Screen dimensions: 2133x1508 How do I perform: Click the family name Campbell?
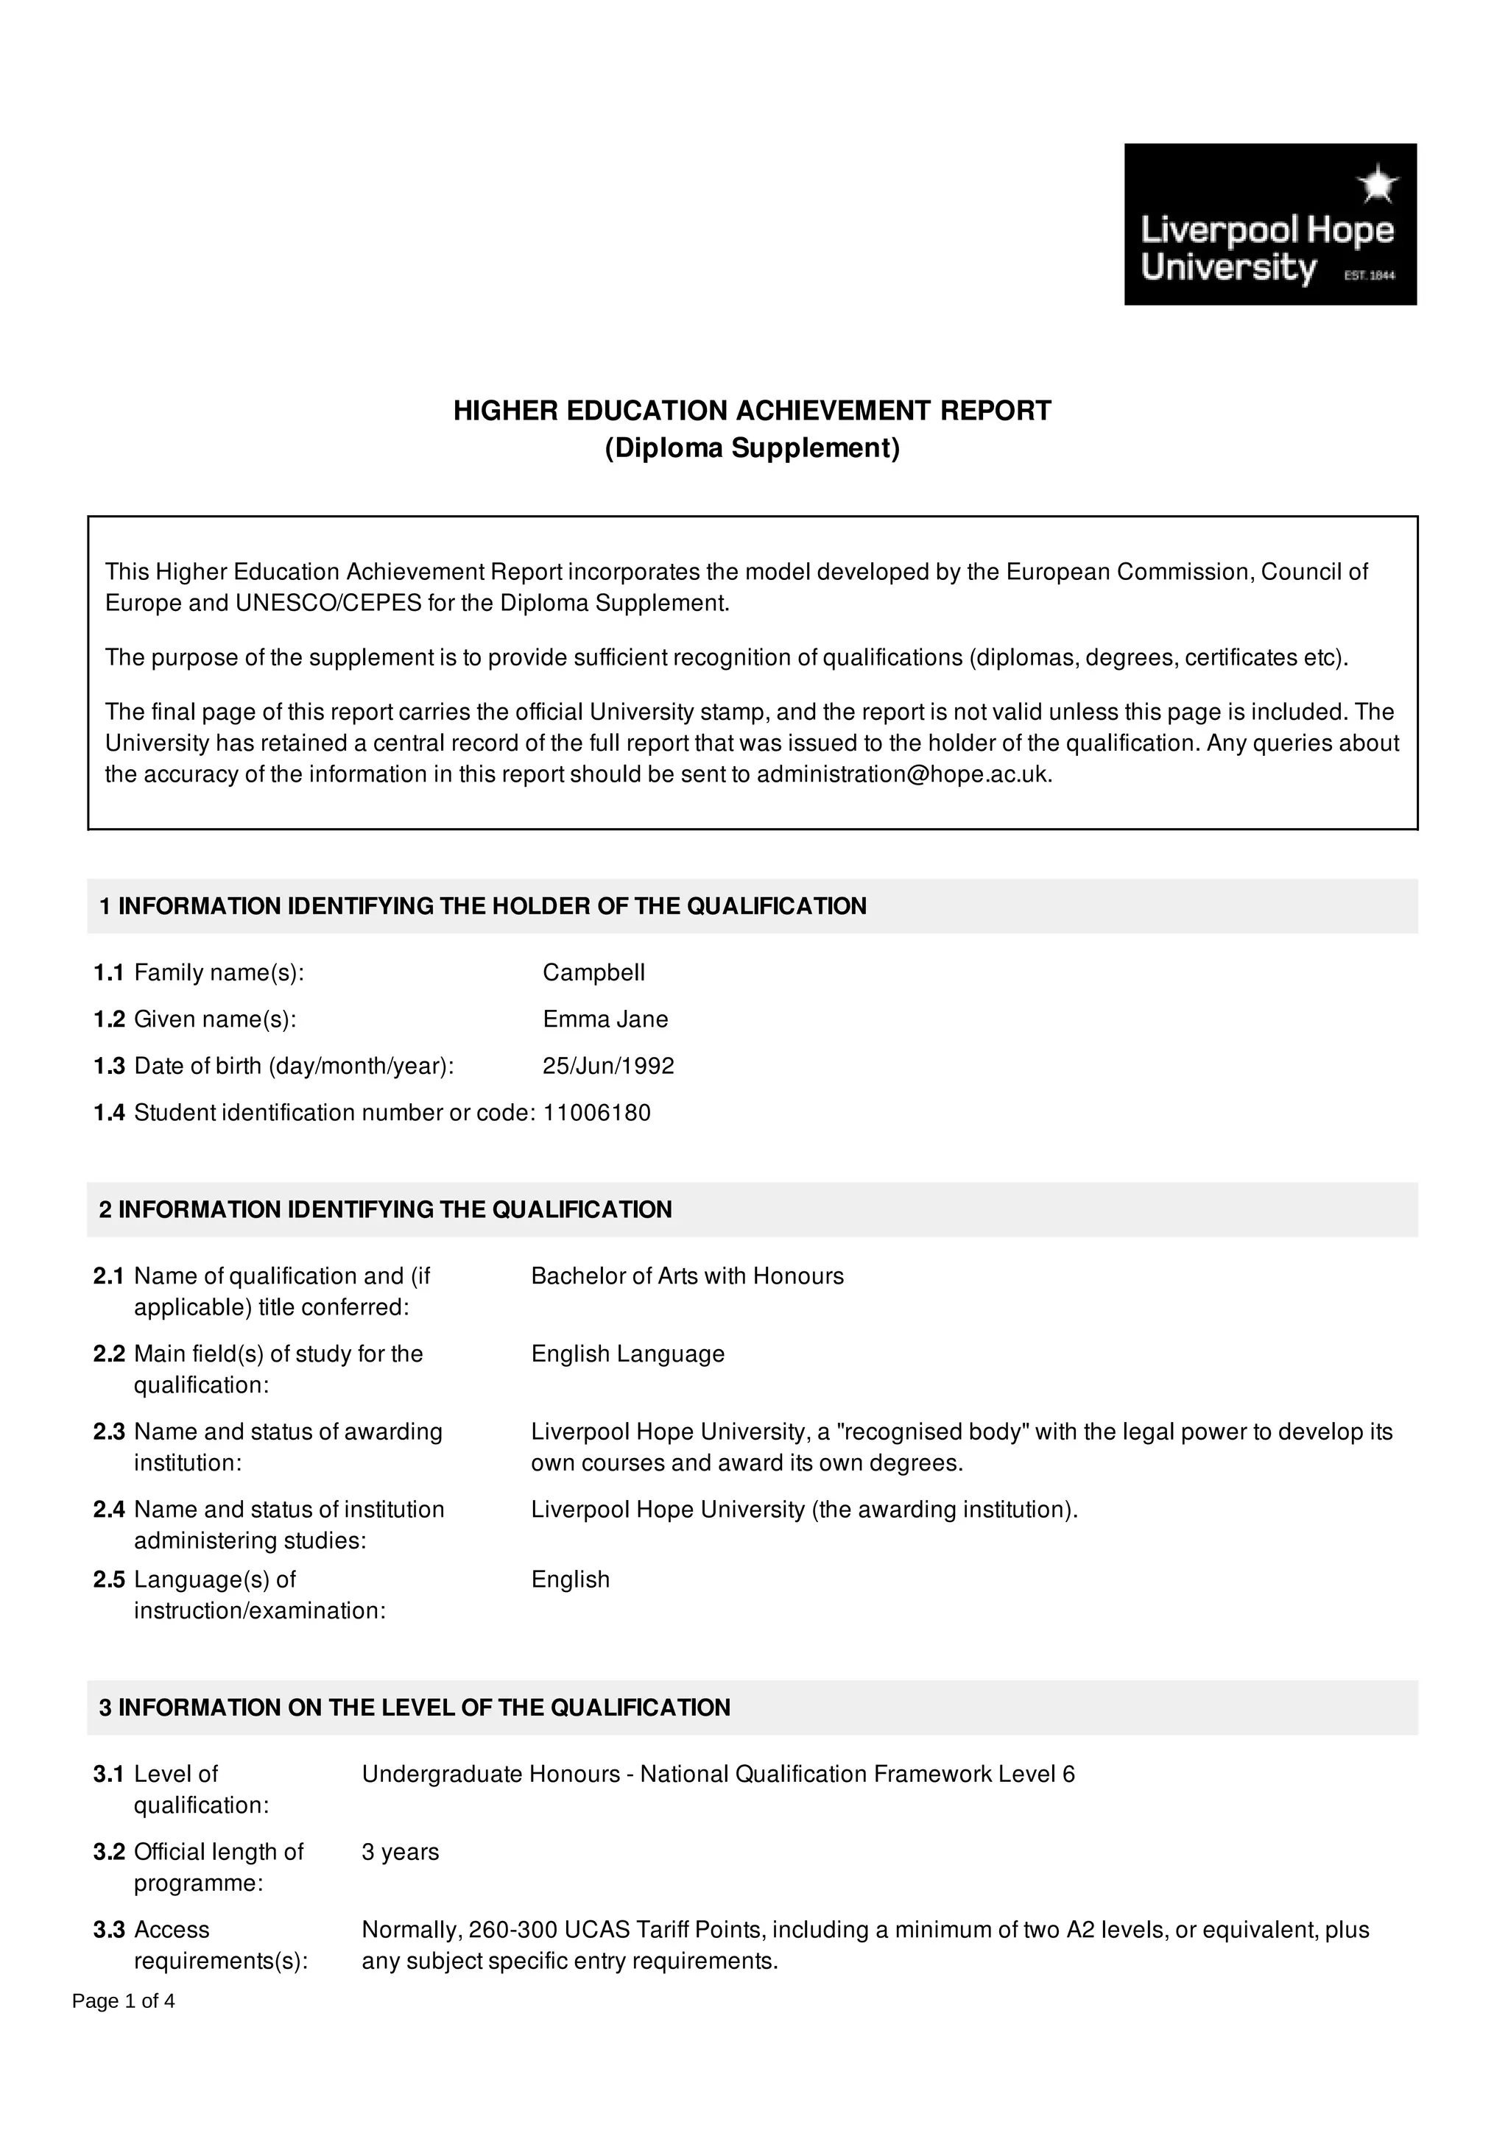click(593, 973)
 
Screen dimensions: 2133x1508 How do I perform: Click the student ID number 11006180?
click(596, 1112)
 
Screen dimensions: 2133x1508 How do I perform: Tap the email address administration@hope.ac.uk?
click(903, 775)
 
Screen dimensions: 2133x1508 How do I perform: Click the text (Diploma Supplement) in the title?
click(752, 448)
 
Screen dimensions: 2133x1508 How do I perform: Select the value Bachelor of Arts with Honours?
click(687, 1276)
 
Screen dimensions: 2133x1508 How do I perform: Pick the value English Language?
click(627, 1354)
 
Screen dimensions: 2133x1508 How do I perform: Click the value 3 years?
click(400, 1852)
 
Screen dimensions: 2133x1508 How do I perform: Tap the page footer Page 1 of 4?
click(124, 2001)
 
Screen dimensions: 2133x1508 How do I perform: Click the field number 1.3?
click(109, 1066)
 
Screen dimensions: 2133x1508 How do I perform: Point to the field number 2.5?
click(109, 1580)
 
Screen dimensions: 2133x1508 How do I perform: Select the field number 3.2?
click(109, 1852)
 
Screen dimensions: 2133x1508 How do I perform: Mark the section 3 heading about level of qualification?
click(415, 1708)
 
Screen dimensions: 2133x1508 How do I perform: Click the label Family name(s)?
click(219, 973)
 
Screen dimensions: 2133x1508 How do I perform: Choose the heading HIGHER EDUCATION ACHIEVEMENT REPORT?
click(752, 411)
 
